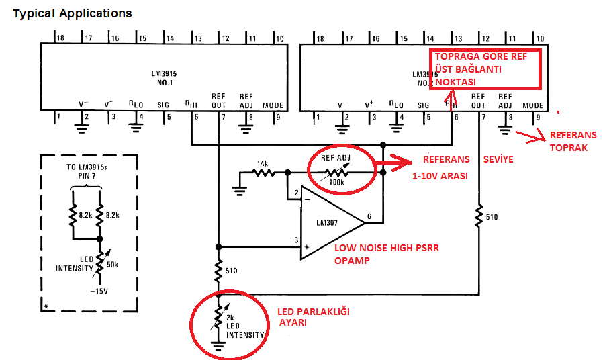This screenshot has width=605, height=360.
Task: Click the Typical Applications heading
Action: tap(73, 13)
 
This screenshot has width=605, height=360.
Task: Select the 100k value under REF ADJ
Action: tap(336, 181)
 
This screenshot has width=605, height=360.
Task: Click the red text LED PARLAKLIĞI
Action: tap(314, 312)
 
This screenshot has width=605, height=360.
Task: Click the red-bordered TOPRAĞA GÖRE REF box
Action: tap(486, 69)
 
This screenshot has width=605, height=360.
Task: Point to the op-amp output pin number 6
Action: tap(369, 218)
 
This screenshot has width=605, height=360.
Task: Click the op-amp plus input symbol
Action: tap(307, 247)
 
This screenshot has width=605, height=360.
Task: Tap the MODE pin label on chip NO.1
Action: tap(273, 105)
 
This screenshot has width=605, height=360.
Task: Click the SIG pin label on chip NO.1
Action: tap(163, 105)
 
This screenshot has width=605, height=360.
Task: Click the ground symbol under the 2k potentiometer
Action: tap(218, 347)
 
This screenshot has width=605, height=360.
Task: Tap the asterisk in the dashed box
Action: tap(46, 306)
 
